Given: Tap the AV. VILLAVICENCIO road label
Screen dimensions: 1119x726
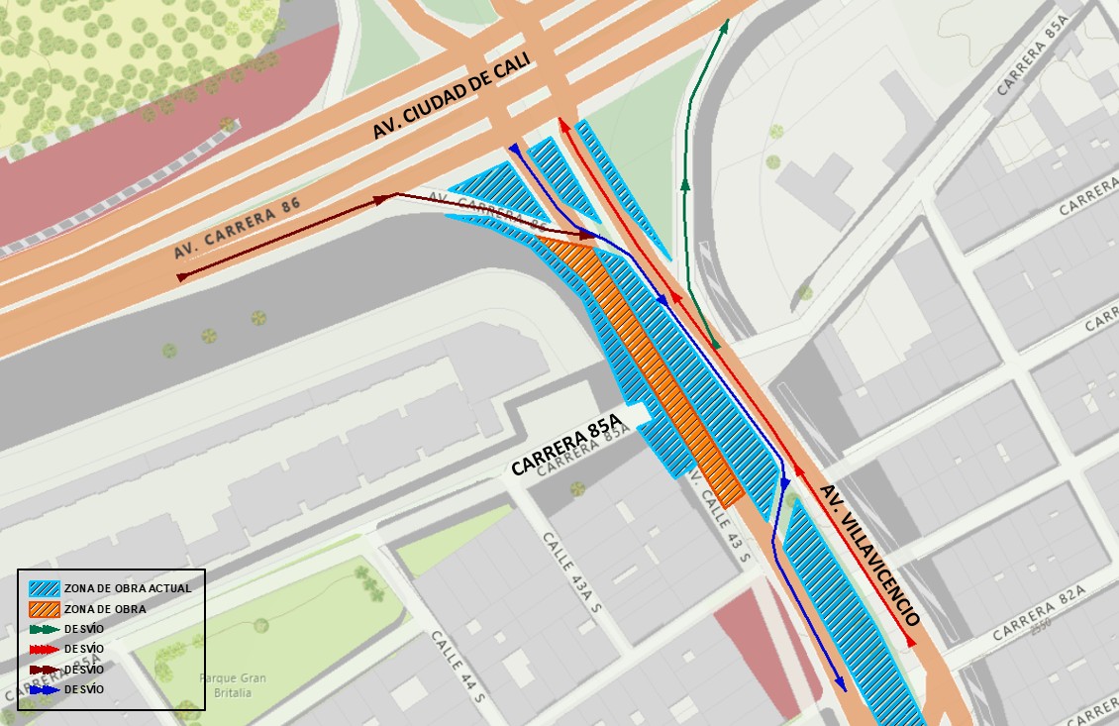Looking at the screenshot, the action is coord(870,555).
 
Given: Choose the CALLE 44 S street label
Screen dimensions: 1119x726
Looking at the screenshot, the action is coord(457,667).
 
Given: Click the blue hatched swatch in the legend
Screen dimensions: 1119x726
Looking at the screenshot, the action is coord(46,587).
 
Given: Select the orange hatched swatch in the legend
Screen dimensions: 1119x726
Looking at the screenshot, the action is coord(46,608).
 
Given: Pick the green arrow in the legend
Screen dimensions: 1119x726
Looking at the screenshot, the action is coord(46,629).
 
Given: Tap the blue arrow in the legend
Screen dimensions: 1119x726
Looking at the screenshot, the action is coord(46,689).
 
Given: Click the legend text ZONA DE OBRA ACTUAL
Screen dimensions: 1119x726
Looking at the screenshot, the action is coord(128,588).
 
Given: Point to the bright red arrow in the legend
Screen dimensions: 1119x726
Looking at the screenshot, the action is coord(46,649).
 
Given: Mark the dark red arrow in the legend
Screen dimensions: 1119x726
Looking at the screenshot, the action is coord(46,670).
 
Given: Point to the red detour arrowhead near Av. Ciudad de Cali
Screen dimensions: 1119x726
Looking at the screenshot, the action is coord(563,124).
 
